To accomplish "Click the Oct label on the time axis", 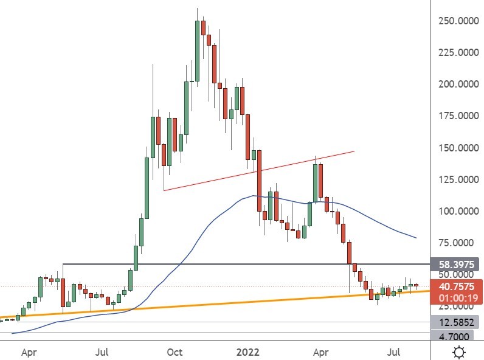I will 175,351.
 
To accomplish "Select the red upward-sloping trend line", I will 258,171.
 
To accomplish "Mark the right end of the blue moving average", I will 416,237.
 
